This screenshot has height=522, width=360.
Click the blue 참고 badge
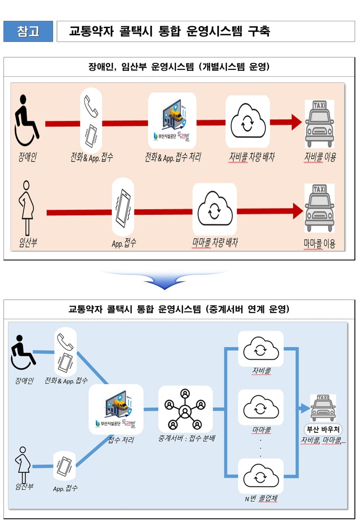pos(28,31)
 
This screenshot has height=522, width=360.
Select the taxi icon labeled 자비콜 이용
pos(320,122)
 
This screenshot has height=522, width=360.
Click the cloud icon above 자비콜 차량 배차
pos(247,121)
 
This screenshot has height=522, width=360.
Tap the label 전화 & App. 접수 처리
pos(172,157)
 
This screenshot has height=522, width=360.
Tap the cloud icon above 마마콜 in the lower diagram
pos(260,407)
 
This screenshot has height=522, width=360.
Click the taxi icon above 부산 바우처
pos(323,408)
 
